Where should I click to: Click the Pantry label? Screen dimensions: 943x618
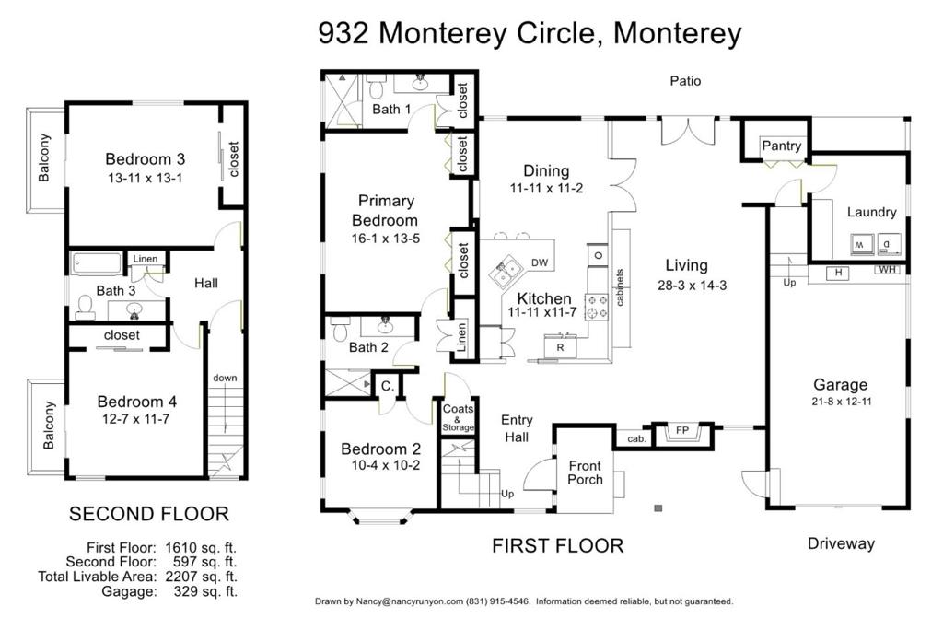pos(781,146)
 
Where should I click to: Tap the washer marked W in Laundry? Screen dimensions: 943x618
pos(862,244)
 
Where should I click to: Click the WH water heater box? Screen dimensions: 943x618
pos(887,269)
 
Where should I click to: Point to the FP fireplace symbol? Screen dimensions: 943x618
pos(682,431)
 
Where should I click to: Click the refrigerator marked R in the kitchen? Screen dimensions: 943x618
pos(560,347)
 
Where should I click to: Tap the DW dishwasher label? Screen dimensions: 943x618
pos(540,262)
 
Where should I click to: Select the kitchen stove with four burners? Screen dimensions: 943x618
pos(597,307)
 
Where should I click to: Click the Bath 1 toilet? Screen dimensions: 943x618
pos(377,87)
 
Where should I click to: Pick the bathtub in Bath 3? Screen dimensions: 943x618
pos(96,263)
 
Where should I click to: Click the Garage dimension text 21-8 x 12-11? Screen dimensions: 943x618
pos(841,402)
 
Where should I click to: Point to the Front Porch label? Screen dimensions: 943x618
pos(585,472)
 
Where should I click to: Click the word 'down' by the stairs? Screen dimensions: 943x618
pos(225,378)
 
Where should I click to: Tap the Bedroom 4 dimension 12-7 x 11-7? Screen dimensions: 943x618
pos(136,419)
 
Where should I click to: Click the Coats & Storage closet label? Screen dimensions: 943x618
pos(458,417)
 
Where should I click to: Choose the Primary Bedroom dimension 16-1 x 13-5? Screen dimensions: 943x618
pos(386,239)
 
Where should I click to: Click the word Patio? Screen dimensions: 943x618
pos(685,81)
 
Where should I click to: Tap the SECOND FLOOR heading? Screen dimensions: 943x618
pos(149,514)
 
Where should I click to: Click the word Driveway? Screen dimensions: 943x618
pos(841,543)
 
